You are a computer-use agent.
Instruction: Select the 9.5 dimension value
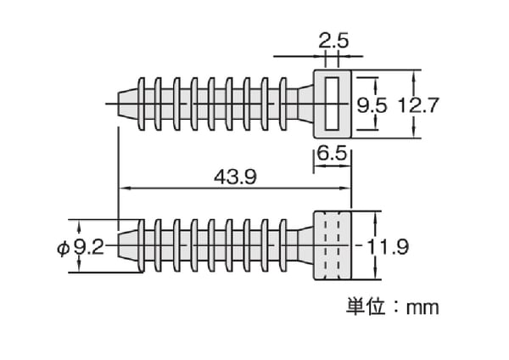coord(372,105)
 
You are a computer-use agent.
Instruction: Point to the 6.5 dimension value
coord(332,155)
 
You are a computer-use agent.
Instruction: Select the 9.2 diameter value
coord(87,247)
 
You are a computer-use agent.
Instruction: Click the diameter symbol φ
coord(61,247)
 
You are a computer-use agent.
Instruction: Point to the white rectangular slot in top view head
coord(332,104)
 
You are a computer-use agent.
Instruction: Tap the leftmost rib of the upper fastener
coord(142,104)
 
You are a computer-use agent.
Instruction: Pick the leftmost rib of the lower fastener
coord(142,247)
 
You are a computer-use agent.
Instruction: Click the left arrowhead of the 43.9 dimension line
coord(121,188)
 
